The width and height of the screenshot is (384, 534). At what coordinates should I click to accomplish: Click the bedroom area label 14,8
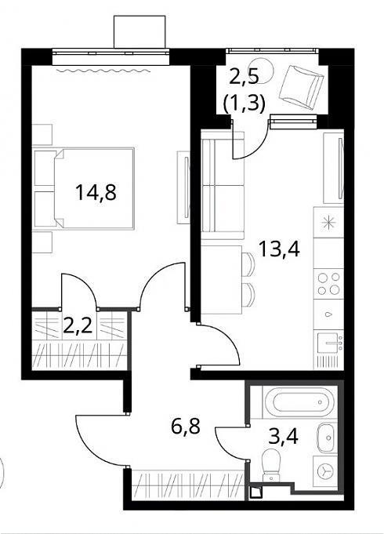pos(96,192)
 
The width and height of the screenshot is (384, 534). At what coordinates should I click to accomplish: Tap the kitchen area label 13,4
pos(279,249)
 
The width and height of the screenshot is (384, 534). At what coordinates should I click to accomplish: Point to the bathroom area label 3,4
pos(283,436)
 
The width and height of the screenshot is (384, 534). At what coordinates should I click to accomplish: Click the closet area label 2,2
pos(78,325)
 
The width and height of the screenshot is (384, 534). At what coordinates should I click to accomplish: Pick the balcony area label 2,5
pos(245,75)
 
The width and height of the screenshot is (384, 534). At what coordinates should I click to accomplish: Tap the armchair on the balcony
pos(301,88)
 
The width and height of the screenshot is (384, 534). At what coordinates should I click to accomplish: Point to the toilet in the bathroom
pos(271,464)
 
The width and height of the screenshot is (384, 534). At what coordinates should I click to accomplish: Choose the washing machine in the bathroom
pos(325,472)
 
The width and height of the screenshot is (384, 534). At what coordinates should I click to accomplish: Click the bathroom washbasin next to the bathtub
pos(327,438)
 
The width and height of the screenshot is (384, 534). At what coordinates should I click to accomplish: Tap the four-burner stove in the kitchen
pos(328,284)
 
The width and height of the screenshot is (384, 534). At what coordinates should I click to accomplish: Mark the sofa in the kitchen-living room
pos(223,186)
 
